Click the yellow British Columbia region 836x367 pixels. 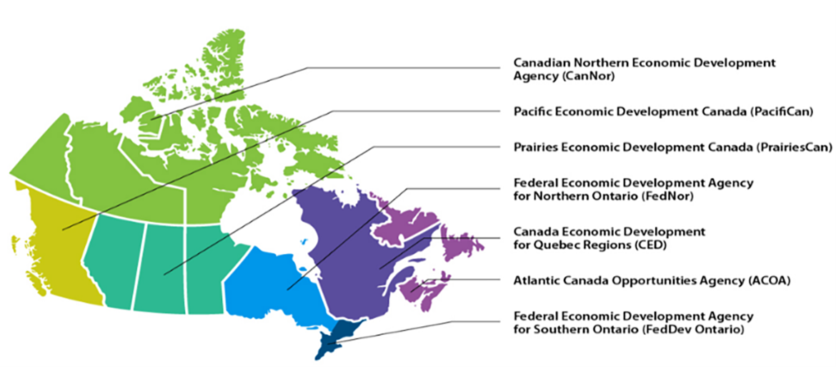[50, 236]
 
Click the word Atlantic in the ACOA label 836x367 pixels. [535, 280]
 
